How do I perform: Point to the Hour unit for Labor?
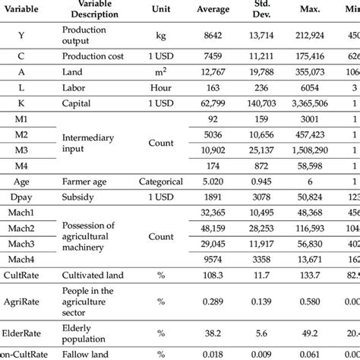161,88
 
